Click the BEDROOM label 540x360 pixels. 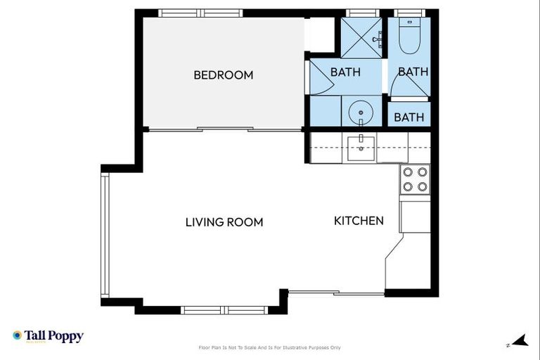[223, 75]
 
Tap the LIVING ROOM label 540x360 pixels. [224, 222]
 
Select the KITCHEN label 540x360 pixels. [359, 221]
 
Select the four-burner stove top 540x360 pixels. [415, 179]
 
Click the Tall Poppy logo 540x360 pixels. [48, 336]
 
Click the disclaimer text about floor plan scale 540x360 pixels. [270, 347]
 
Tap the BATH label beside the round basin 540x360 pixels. [345, 72]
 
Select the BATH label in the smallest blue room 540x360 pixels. [409, 117]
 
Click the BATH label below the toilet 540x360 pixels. [413, 72]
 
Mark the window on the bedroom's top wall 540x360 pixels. [200, 13]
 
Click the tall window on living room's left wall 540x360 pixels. [105, 235]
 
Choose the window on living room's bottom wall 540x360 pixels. [224, 309]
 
